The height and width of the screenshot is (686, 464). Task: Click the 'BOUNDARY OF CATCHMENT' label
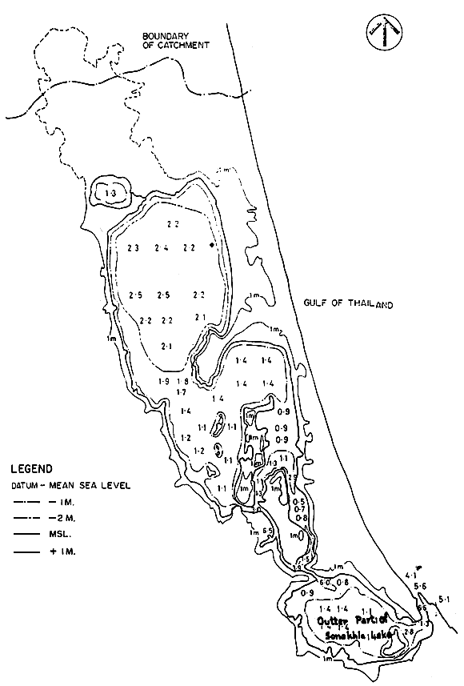[174, 41]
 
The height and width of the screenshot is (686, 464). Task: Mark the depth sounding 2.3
[133, 247]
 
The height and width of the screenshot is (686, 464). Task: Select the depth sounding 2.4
[162, 247]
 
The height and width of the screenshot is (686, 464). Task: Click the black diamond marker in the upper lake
[211, 245]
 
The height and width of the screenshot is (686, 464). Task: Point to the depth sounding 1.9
[163, 381]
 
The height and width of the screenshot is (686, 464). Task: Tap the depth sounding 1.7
[180, 391]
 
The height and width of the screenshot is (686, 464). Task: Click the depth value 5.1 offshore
[446, 599]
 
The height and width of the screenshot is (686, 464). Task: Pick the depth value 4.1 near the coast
[412, 576]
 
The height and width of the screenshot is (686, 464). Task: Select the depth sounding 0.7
[300, 509]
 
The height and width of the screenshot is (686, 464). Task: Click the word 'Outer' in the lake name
[329, 620]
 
